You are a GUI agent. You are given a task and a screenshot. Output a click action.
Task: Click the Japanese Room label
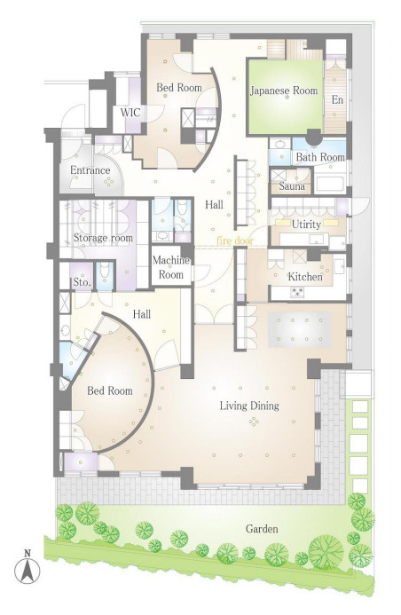[x=284, y=91]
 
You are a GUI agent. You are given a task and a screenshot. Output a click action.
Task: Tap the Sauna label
[x=292, y=185]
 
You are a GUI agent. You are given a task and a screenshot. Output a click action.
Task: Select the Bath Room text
[x=320, y=157]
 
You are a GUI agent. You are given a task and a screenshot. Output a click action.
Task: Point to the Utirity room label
[x=306, y=225]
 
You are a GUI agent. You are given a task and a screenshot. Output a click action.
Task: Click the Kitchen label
[x=305, y=277]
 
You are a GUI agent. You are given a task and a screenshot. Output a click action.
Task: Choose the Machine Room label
[x=171, y=267]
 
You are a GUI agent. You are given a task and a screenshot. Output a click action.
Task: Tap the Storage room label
[x=103, y=238]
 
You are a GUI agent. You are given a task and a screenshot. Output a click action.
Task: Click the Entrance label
[x=90, y=170]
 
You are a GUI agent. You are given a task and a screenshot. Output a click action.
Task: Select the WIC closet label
[x=130, y=113]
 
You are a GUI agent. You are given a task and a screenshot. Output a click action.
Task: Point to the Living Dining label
[x=249, y=406]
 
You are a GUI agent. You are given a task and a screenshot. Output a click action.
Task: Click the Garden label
[x=262, y=529]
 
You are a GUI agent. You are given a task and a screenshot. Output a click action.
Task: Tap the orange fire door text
[x=235, y=240]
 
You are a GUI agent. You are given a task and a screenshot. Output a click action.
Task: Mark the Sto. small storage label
[x=83, y=282]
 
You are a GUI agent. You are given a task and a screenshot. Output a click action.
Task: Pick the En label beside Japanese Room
[x=337, y=100]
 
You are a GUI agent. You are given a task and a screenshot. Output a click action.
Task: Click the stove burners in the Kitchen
[x=296, y=291]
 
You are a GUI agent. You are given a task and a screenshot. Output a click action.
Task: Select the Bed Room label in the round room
[x=110, y=390]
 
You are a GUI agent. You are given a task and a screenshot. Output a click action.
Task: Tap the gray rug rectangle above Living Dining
[x=300, y=329]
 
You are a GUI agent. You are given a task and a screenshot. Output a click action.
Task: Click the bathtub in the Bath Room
[x=330, y=184]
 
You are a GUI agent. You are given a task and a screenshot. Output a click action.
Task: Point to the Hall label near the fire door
[x=214, y=204]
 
